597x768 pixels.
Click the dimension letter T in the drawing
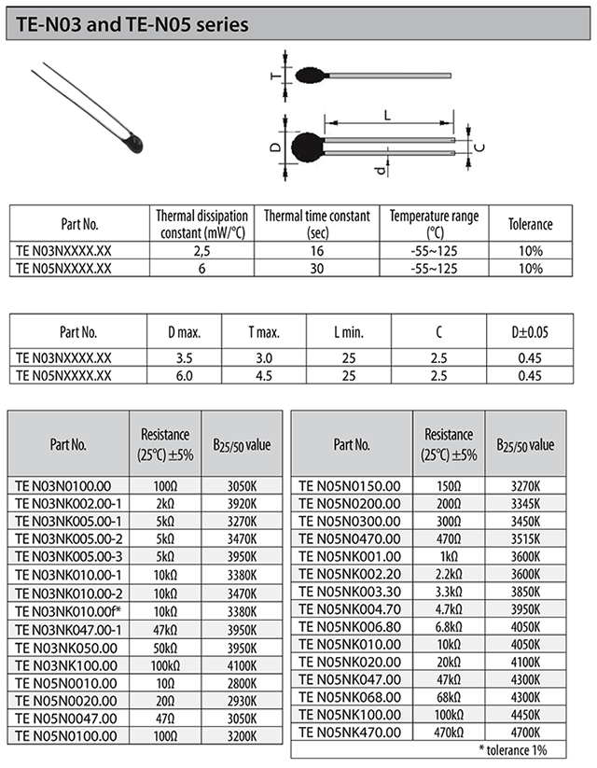tap(274, 78)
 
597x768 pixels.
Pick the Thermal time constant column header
tap(317, 223)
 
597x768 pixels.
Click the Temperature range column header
tap(434, 223)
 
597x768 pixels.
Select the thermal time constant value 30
tap(317, 268)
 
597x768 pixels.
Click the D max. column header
tap(184, 331)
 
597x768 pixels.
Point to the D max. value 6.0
tap(184, 375)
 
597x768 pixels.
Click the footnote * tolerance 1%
tap(512, 750)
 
